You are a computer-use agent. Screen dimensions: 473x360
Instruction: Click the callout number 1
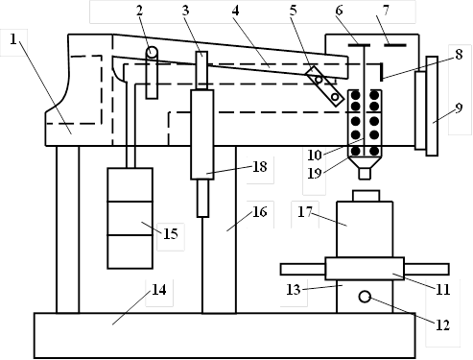tap(12, 39)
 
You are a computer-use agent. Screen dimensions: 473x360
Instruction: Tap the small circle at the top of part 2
tap(153, 51)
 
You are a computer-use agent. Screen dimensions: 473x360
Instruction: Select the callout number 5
tap(294, 11)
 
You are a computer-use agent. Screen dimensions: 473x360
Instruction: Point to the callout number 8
tap(459, 54)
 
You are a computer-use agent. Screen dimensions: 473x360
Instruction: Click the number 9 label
tap(459, 108)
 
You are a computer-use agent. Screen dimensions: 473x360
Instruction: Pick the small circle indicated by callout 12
tap(365, 297)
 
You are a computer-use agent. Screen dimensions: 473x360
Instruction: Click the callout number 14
tap(159, 290)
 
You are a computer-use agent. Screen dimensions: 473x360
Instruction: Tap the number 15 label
tap(171, 234)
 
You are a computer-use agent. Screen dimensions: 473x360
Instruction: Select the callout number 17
tap(304, 212)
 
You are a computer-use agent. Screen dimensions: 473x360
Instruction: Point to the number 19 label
tap(315, 174)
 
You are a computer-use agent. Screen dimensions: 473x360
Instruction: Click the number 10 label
tap(315, 156)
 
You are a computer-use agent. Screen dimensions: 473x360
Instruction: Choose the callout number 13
tap(294, 290)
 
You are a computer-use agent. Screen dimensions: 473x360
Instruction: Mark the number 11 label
tap(443, 290)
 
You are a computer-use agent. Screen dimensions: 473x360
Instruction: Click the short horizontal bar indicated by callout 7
tap(395, 45)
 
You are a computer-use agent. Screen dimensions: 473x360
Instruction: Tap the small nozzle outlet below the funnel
tap(365, 174)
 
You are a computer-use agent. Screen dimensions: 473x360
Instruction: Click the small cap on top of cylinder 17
tap(367, 196)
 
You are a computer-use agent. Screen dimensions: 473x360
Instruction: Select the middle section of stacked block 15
tap(130, 218)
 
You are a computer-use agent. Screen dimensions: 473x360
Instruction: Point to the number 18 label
tap(259, 167)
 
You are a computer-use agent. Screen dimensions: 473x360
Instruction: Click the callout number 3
tap(185, 11)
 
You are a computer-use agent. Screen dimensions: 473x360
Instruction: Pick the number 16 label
tap(259, 212)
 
